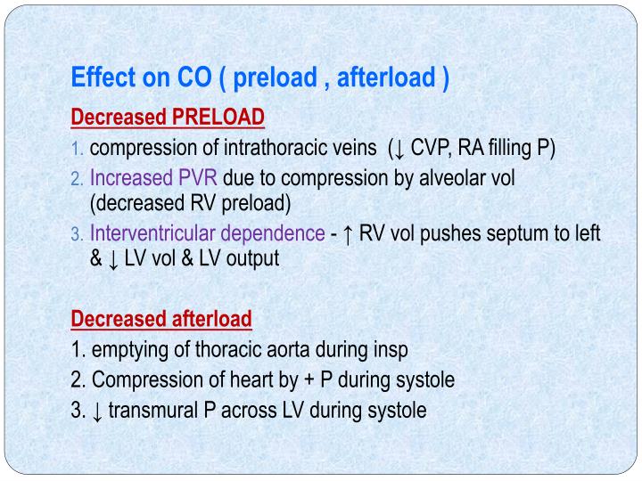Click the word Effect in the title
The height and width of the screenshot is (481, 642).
pos(100,79)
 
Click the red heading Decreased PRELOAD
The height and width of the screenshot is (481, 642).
pos(168,118)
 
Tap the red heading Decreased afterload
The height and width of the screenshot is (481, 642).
pos(161,318)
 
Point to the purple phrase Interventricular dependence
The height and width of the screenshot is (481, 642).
pos(208,233)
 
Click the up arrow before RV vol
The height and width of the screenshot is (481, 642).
pos(346,233)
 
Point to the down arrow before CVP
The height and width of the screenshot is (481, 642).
pos(400,147)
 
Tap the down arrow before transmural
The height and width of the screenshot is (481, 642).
pos(96,411)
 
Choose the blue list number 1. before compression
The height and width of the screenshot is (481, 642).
pos(78,148)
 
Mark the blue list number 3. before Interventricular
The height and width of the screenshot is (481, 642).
pos(78,234)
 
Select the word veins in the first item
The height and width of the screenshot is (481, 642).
pos(352,147)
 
